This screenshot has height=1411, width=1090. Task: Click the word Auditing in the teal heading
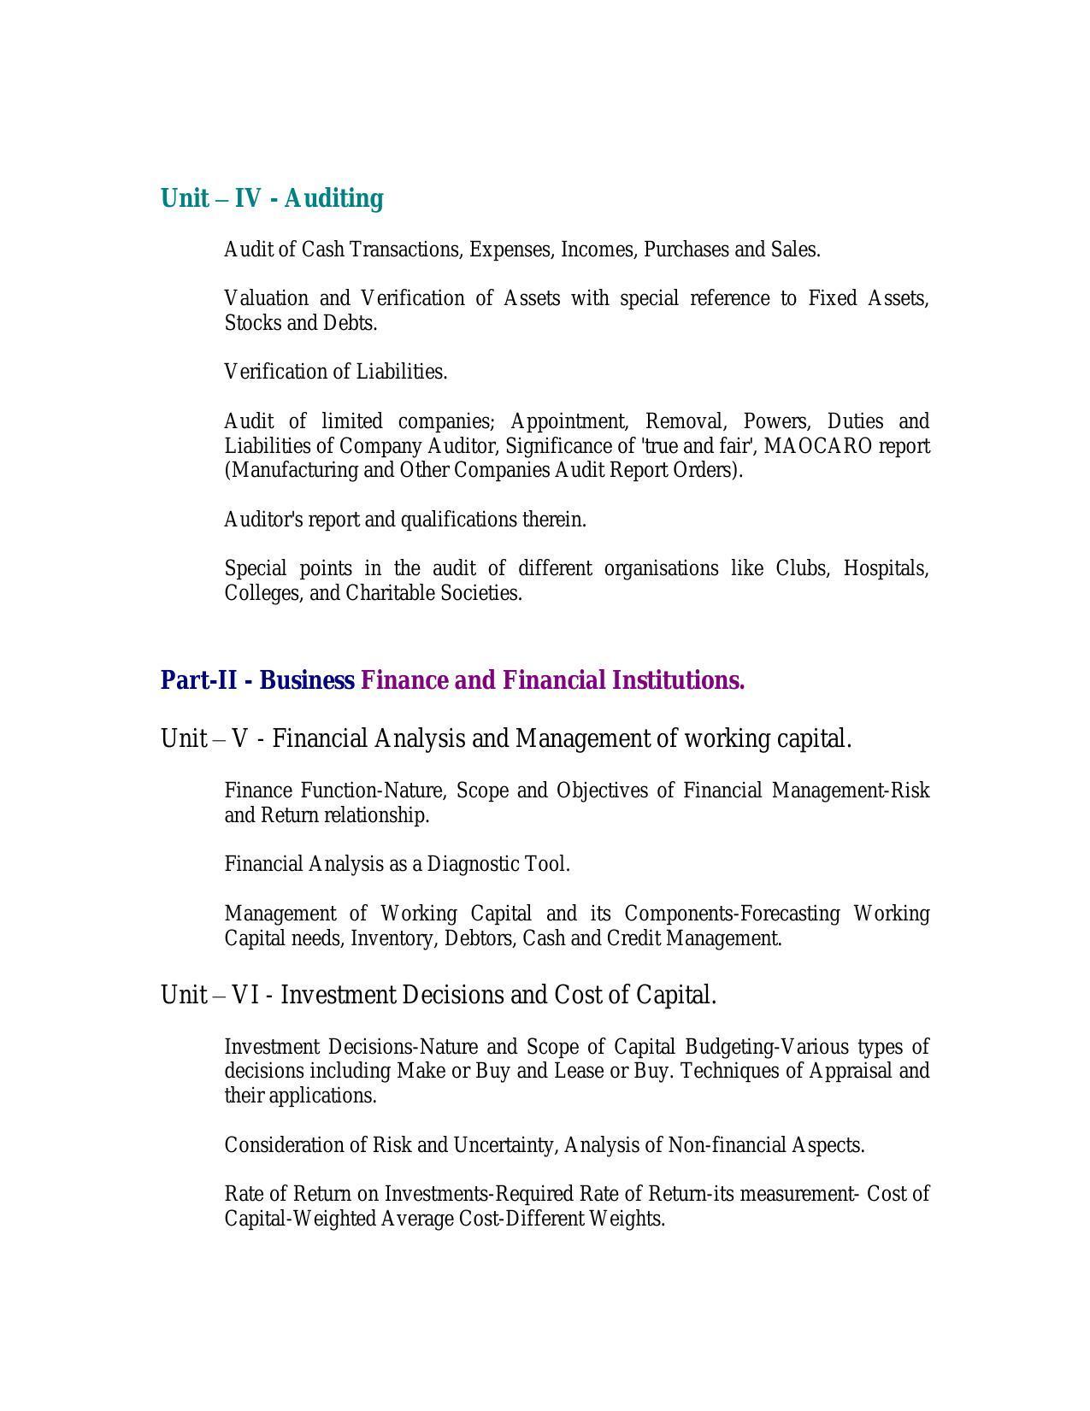coord(333,198)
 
